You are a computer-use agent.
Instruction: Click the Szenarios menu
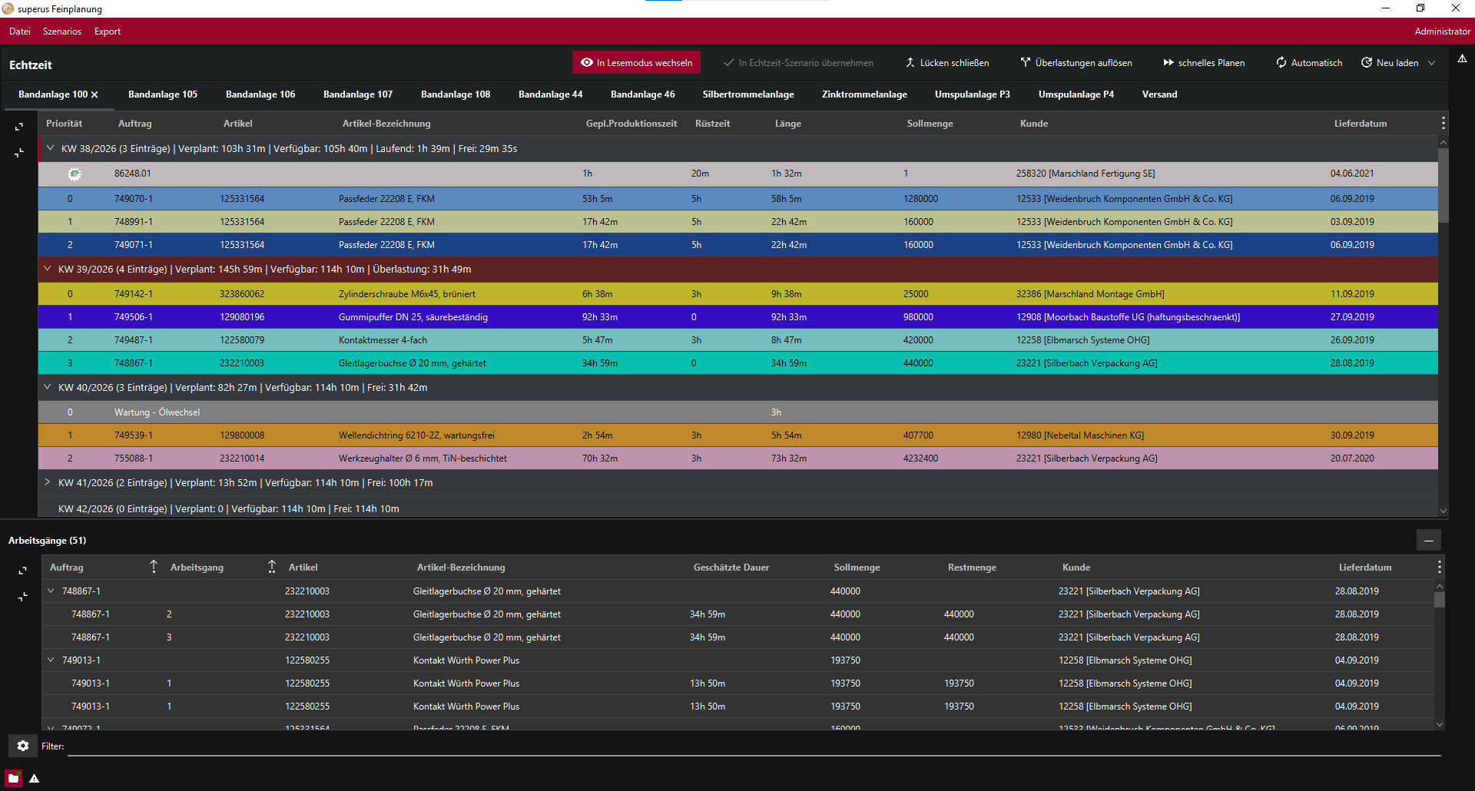tap(62, 31)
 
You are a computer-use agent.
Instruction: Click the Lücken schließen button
tap(946, 63)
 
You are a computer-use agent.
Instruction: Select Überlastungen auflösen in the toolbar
tap(1076, 63)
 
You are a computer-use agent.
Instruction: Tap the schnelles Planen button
tap(1204, 63)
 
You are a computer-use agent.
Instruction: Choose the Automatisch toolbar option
tap(1309, 63)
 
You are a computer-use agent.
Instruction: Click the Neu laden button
tap(1390, 63)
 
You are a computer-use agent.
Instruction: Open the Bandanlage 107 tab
tap(358, 94)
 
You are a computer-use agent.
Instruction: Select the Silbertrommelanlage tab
tap(748, 94)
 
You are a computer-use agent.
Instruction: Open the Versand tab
tap(1159, 94)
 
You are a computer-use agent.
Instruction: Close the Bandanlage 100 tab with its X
tap(94, 94)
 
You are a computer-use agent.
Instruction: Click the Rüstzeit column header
tap(712, 124)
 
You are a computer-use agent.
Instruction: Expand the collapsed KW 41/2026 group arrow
tap(48, 482)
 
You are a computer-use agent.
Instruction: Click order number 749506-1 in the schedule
tap(134, 317)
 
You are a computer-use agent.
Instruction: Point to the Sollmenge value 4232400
tap(920, 458)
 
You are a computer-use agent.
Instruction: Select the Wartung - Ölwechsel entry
tap(157, 412)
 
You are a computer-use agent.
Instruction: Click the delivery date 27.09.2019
tap(1352, 317)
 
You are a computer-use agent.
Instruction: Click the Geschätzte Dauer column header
tap(731, 568)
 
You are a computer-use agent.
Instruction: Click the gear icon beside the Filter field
tap(23, 746)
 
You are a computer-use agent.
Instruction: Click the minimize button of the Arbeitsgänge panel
tap(1429, 541)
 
